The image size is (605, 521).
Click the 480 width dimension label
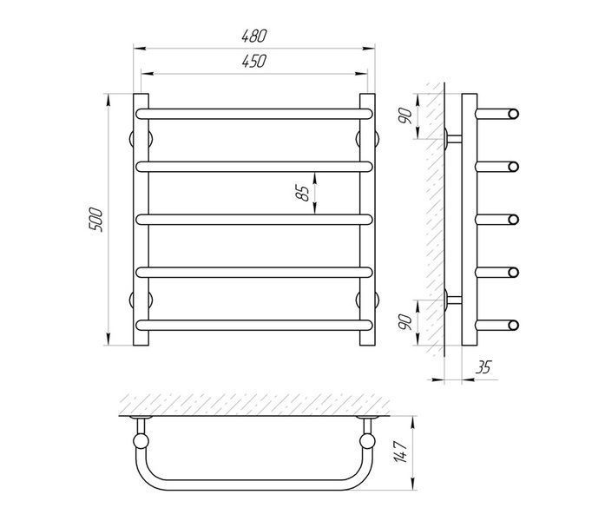tap(254, 36)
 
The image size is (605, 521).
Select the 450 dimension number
tap(254, 62)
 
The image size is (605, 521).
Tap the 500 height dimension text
tap(96, 220)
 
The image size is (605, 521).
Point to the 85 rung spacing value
tap(303, 194)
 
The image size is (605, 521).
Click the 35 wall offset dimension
tap(483, 367)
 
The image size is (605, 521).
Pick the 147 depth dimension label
tap(400, 452)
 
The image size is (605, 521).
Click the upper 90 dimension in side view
tap(405, 115)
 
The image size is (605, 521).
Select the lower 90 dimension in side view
tap(405, 322)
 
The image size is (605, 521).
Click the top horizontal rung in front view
tap(254, 114)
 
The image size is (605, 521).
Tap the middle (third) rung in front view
tap(254, 220)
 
